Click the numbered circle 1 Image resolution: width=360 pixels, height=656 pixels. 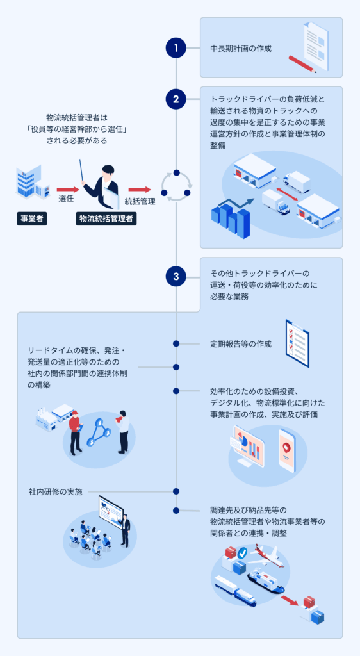tap(176, 47)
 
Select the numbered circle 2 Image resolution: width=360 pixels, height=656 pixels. tap(176, 99)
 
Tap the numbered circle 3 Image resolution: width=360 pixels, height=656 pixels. tap(176, 277)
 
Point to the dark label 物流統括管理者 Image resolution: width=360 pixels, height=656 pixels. tap(106, 218)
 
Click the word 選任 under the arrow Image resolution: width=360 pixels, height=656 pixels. tap(66, 199)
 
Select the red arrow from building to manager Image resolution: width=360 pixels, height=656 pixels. tap(67, 189)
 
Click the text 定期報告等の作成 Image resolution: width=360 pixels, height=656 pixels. tap(240, 344)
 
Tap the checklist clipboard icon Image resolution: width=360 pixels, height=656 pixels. tap(297, 343)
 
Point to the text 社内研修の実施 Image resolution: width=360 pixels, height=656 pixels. tap(56, 492)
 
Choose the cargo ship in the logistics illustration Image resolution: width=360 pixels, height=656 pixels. tap(264, 582)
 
